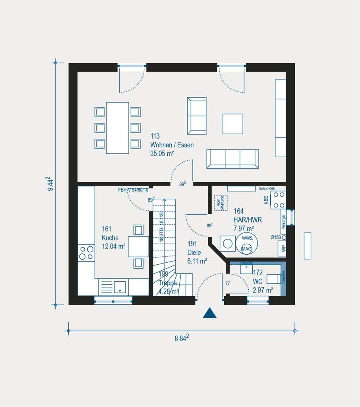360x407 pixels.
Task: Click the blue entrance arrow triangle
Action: point(209,313)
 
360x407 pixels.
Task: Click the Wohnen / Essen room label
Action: point(172,145)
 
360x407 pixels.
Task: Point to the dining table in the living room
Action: point(117,128)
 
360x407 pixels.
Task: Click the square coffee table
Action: point(232,124)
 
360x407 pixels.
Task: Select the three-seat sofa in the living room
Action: point(232,159)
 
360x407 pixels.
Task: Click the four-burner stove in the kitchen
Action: point(86,253)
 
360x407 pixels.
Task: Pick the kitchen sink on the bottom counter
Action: point(120,287)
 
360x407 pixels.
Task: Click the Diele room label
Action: point(194,253)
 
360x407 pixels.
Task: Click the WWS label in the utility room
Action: point(246,239)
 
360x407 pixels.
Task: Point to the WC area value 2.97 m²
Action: point(263,290)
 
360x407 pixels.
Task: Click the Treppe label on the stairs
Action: point(167,283)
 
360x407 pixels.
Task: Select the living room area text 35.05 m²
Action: point(163,154)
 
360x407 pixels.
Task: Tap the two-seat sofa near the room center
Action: point(197,116)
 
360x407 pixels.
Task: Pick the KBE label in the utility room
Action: point(266,200)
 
